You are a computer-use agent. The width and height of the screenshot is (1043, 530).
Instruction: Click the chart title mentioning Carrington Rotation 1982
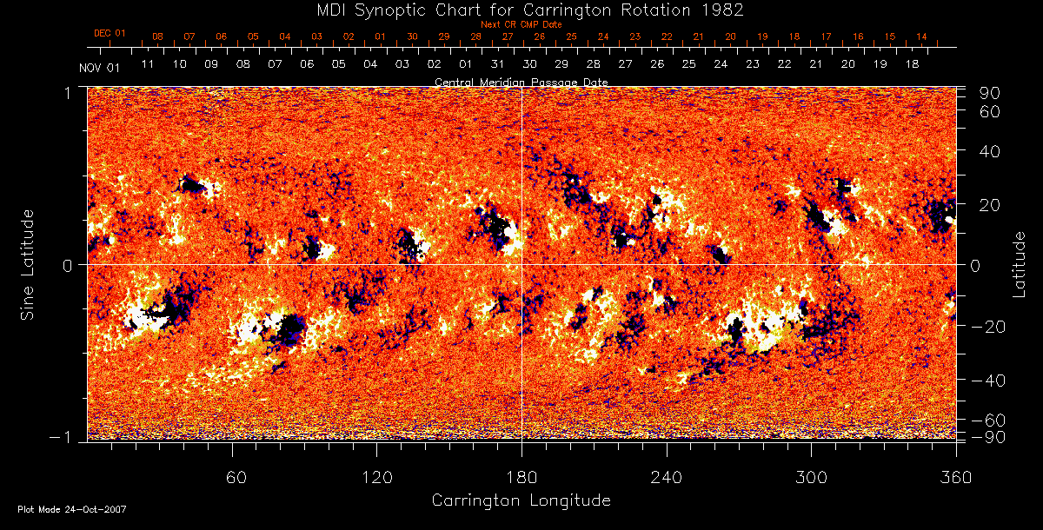click(x=521, y=10)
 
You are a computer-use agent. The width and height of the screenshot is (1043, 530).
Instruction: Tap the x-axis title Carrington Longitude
click(x=521, y=500)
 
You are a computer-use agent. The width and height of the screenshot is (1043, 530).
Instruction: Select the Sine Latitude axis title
click(x=29, y=263)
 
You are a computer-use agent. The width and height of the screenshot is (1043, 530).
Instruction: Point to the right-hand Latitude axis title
click(x=1020, y=263)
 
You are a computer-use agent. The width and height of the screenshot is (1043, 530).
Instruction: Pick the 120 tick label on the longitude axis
click(x=377, y=477)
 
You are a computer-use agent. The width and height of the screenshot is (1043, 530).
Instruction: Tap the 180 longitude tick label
click(x=521, y=477)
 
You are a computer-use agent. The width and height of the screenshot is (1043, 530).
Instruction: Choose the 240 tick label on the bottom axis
click(x=667, y=477)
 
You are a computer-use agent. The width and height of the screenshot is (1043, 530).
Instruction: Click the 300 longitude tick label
click(x=811, y=477)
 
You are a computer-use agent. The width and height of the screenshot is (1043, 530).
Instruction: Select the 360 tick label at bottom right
click(x=955, y=477)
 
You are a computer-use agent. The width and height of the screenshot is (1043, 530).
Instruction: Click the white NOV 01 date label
click(x=98, y=68)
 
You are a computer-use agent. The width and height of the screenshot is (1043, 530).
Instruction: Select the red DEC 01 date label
click(x=110, y=33)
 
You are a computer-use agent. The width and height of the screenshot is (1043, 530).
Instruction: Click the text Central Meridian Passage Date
click(x=521, y=82)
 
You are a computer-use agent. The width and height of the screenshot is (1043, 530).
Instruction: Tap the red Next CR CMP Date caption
click(x=521, y=24)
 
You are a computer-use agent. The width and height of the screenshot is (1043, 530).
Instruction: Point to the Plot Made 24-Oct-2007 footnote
click(x=72, y=509)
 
